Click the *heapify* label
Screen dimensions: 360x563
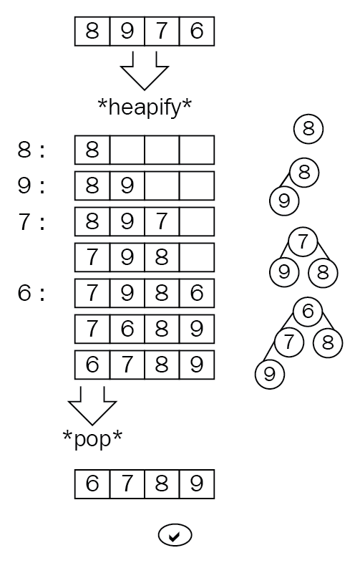145,107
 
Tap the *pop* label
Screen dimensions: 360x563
92,438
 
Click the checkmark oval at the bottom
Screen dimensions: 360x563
175,536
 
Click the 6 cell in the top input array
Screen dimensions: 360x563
197,32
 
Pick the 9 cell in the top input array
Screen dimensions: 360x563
127,32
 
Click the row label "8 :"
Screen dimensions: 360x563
31,150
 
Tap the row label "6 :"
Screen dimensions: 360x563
31,293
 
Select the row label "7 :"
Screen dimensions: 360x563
31,221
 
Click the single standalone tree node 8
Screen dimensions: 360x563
308,129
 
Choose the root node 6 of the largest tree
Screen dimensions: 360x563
308,312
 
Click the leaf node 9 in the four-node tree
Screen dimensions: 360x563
270,375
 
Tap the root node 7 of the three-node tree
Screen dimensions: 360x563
303,241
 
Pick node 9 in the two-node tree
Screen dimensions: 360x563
284,201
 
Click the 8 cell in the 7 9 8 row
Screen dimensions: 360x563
162,257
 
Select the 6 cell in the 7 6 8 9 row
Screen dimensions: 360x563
127,329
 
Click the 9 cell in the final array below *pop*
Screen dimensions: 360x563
197,484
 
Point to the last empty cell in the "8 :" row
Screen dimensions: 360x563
197,150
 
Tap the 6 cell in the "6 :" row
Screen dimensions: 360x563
197,293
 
